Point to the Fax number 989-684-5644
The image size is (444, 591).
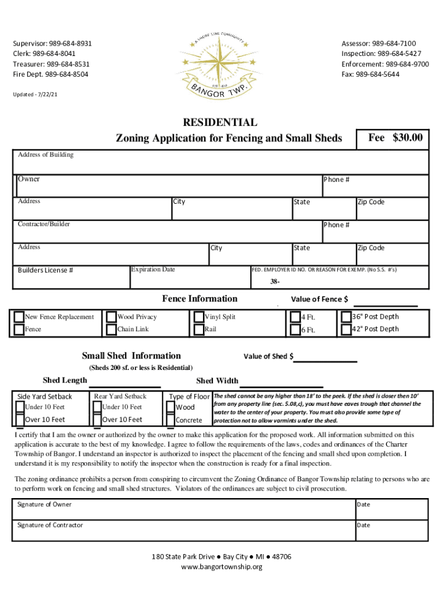(378, 74)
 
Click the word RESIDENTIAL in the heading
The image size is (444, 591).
(220, 122)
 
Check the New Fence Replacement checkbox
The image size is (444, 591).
(19, 317)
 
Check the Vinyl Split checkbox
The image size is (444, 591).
(199, 317)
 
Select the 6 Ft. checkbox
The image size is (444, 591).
(295, 330)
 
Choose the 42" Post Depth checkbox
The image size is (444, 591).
(346, 330)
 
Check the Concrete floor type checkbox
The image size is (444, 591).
(171, 420)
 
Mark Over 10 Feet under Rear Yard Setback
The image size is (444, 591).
(96, 420)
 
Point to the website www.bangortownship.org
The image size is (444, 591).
(221, 567)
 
